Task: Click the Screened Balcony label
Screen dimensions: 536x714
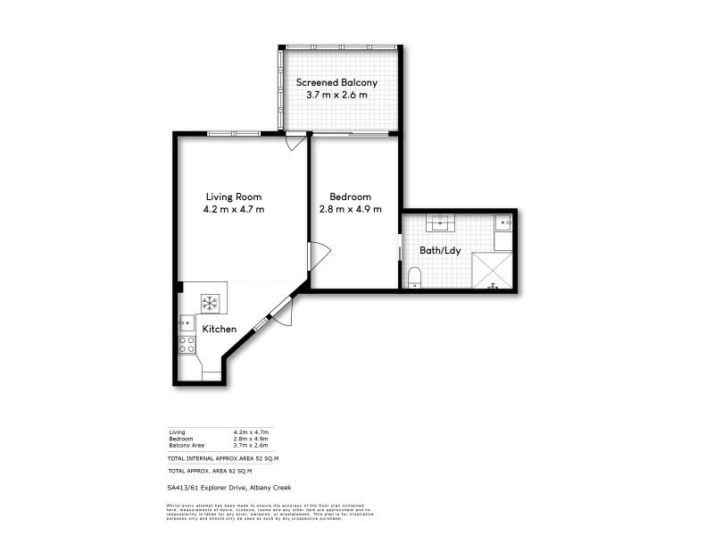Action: (336, 82)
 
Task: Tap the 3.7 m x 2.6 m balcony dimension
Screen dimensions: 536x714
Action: (336, 95)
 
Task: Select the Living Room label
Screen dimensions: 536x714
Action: (234, 197)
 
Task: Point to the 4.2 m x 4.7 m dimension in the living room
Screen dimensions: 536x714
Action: (234, 209)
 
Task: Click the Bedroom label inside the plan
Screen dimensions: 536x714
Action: (350, 197)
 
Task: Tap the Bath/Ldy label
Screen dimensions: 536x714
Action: (441, 251)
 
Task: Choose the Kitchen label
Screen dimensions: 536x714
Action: (219, 329)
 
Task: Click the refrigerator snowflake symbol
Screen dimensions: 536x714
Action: (211, 303)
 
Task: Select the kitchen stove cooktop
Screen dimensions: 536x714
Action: (187, 344)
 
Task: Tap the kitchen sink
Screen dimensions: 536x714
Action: (187, 322)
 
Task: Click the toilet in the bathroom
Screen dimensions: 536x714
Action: (413, 276)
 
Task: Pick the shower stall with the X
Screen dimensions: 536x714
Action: (492, 271)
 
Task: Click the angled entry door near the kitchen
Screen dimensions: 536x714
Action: (278, 314)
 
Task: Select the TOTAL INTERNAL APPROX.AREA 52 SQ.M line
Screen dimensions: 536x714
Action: (223, 457)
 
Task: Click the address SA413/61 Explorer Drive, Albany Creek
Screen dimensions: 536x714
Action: (228, 487)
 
